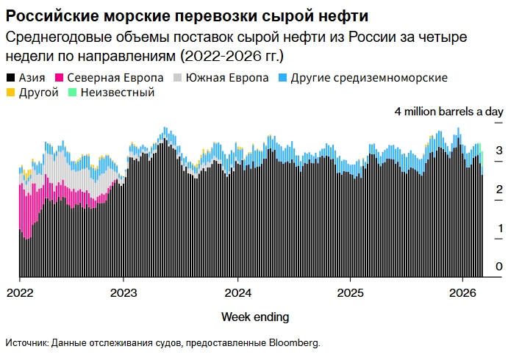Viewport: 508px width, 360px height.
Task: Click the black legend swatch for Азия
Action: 10,78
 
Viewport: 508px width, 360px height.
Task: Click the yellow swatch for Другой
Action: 10,93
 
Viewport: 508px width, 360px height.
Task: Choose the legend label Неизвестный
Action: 118,93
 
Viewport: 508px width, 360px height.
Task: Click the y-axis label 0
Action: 499,266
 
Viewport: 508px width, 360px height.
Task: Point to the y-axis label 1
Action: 500,228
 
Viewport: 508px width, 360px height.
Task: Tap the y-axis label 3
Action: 499,151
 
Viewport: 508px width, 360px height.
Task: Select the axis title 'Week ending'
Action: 255,317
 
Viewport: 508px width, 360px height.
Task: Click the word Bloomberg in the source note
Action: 293,343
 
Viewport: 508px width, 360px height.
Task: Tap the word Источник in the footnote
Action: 26,343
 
